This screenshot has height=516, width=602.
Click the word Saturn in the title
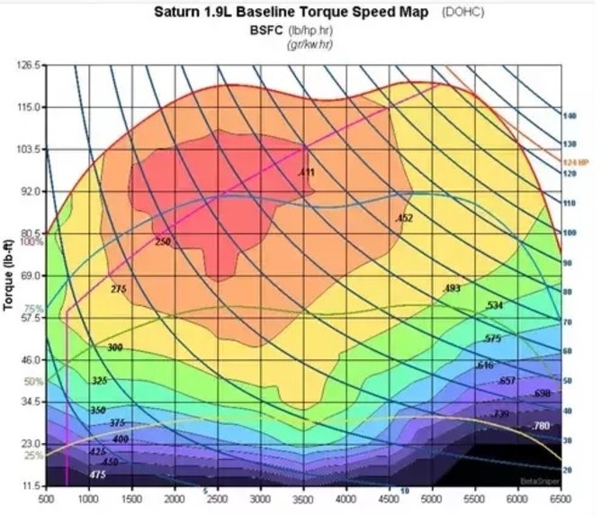coord(178,13)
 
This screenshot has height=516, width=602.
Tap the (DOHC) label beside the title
coord(463,13)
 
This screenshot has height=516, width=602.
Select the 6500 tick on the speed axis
coord(561,497)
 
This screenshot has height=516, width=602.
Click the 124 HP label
coord(575,162)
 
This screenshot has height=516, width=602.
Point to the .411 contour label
coord(306,172)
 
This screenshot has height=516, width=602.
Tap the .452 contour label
coord(404,219)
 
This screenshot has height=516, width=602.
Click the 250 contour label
coord(162,242)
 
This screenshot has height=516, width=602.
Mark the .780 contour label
coord(541,425)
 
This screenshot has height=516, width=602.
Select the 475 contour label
coord(98,474)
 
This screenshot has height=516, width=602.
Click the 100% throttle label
coord(32,241)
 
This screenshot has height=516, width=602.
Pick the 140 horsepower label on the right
coord(569,116)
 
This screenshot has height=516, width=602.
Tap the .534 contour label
coord(493,306)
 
